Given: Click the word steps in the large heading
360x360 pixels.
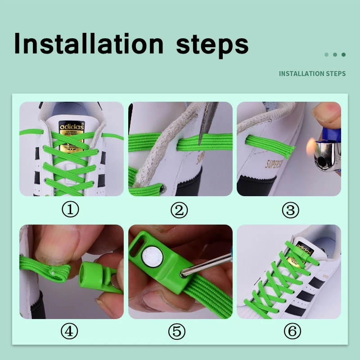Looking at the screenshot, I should tap(212, 45).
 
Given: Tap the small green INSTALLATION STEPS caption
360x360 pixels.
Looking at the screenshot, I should tap(312, 73).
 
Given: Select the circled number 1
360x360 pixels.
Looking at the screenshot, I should tap(70, 210).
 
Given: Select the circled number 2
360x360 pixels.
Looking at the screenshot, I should tap(179, 210).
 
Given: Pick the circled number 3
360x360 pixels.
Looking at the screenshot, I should tap(291, 210).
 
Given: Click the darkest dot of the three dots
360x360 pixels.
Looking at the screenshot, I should tap(343, 54).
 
